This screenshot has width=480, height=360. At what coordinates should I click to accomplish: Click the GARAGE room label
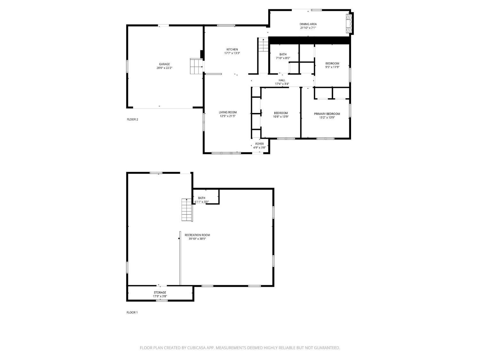pyautogui.click(x=164, y=64)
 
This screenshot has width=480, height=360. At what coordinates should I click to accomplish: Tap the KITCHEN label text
pyautogui.click(x=232, y=49)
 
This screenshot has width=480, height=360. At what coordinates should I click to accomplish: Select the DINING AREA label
pyautogui.click(x=308, y=24)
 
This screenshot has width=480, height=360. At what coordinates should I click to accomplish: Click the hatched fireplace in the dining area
pyautogui.click(x=349, y=24)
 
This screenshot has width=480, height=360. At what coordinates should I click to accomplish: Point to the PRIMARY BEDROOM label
pyautogui.click(x=327, y=114)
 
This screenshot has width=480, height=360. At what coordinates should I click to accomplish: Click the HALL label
pyautogui.click(x=282, y=80)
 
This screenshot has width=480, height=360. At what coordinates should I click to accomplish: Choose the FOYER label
pyautogui.click(x=259, y=144)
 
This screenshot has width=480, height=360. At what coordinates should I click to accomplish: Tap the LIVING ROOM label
pyautogui.click(x=228, y=112)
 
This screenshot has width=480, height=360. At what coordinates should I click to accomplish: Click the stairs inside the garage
pyautogui.click(x=196, y=66)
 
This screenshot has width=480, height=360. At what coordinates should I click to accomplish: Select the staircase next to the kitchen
pyautogui.click(x=263, y=44)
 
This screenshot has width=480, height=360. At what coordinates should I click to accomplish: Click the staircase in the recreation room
pyautogui.click(x=187, y=210)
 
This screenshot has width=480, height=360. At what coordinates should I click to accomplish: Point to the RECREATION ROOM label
pyautogui.click(x=197, y=235)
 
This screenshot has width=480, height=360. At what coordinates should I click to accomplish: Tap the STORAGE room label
pyautogui.click(x=160, y=292)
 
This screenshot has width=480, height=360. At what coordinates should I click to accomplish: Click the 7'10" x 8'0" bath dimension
pyautogui.click(x=283, y=58)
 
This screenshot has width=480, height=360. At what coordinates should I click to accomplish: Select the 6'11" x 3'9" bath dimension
pyautogui.click(x=202, y=202)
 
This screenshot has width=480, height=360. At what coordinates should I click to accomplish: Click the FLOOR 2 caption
pyautogui.click(x=132, y=119)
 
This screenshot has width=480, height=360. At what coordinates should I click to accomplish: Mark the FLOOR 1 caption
pyautogui.click(x=132, y=312)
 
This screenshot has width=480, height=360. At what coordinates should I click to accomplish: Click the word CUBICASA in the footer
pyautogui.click(x=196, y=348)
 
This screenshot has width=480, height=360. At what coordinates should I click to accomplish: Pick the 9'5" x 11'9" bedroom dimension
pyautogui.click(x=332, y=67)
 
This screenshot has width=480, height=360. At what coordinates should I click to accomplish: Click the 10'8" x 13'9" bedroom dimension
pyautogui.click(x=281, y=117)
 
